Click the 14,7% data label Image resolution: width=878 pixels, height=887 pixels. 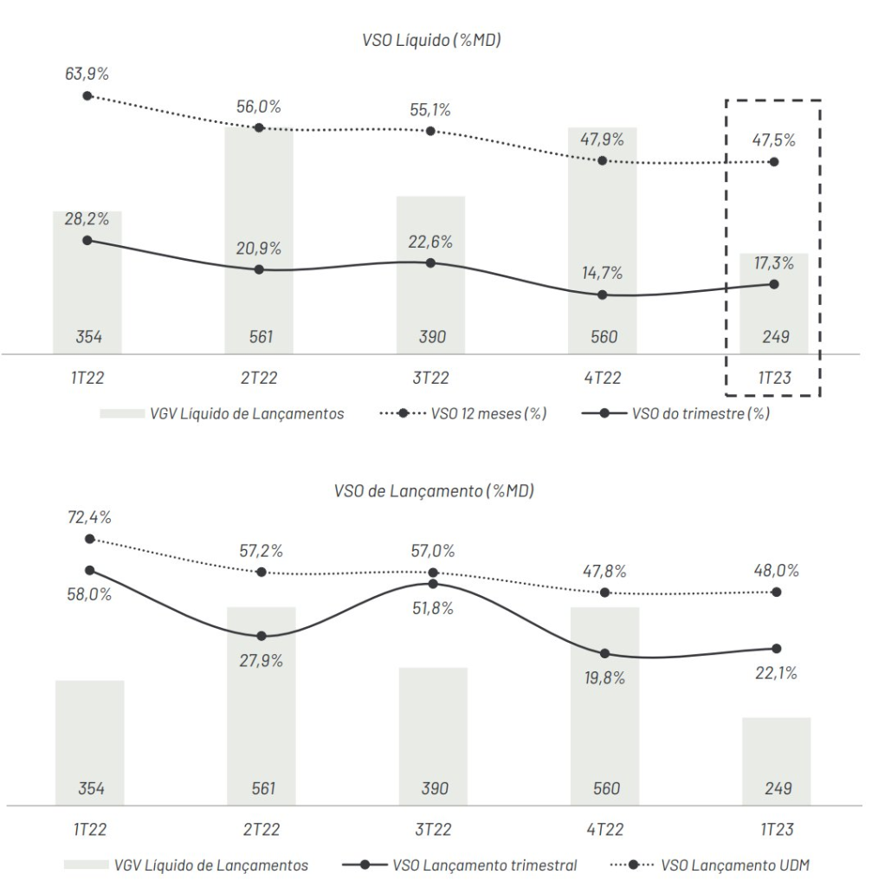pos(602,274)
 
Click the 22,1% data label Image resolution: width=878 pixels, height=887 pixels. pos(776,673)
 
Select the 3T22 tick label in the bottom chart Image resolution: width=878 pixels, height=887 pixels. pos(433,830)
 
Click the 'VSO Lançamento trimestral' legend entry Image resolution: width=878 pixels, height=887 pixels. pos(485,864)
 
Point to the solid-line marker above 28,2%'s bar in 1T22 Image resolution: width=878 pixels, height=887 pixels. pos(87,240)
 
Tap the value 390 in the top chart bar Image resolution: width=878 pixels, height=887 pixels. pos(432,337)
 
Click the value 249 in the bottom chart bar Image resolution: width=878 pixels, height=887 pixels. pos(776,788)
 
